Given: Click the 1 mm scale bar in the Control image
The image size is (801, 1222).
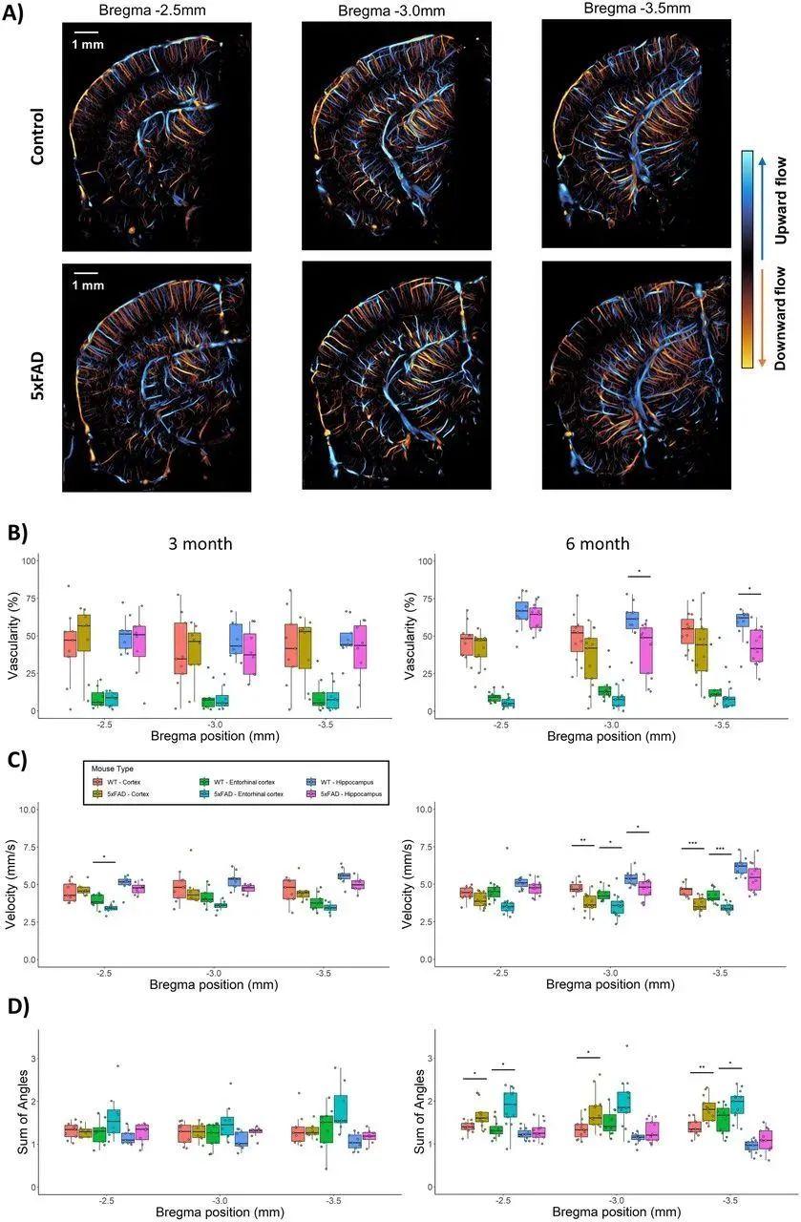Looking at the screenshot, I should (x=87, y=34).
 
